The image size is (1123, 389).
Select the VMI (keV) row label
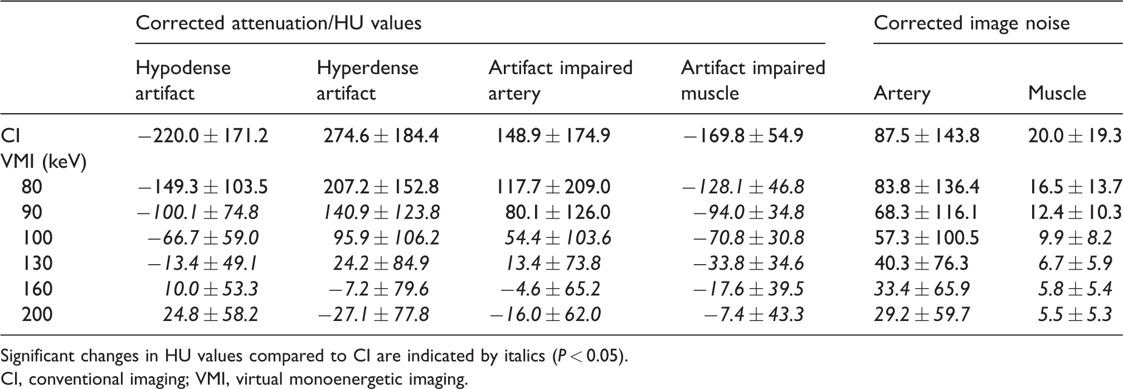[44, 162]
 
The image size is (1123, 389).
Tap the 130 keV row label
[37, 262]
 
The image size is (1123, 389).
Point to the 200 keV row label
[37, 314]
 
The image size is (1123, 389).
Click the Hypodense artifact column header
[183, 80]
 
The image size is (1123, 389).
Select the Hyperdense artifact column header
[367, 80]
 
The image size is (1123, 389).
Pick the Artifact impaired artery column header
[561, 80]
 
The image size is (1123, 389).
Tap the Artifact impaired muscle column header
[753, 80]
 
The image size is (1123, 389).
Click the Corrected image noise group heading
[972, 23]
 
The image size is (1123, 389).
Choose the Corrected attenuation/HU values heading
[279, 23]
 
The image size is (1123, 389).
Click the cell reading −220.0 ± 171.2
[202, 135]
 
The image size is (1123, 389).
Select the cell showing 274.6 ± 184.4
[382, 135]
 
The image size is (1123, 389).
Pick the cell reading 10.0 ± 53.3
[211, 289]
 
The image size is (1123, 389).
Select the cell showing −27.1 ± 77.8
[373, 314]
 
